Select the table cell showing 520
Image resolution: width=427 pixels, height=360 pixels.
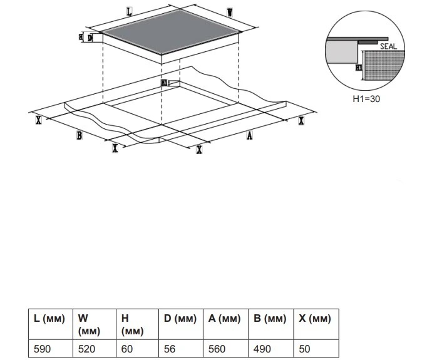(86, 349)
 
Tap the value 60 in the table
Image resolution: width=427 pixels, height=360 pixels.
(127, 349)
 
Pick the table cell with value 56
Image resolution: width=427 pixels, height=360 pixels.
(170, 349)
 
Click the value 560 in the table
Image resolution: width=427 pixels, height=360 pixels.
(217, 349)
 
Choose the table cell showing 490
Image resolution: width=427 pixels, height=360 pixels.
(262, 349)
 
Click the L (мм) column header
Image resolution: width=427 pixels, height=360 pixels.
(49, 319)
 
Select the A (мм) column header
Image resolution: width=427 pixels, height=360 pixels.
(224, 319)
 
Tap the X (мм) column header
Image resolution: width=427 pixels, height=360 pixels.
(314, 319)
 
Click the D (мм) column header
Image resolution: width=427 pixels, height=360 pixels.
(180, 319)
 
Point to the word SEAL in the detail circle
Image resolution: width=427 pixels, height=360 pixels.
(388, 46)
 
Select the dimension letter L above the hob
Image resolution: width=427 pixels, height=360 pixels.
(129, 12)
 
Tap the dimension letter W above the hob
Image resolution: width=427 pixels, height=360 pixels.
(230, 13)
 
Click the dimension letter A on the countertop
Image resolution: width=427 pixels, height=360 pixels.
(249, 136)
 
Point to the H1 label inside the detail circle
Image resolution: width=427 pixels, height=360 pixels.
(358, 66)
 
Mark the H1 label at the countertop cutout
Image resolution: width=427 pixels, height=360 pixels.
(164, 83)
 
